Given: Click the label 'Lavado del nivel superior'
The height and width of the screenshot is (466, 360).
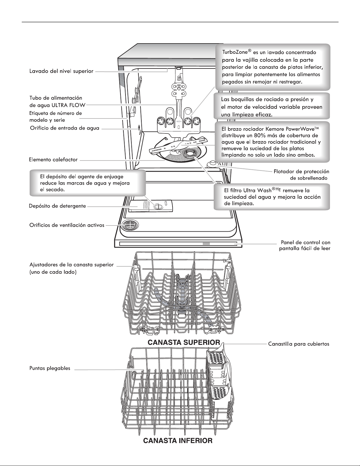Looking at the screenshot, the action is click(x=61, y=71).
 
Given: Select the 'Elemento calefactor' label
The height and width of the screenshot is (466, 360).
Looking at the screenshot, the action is click(x=53, y=160).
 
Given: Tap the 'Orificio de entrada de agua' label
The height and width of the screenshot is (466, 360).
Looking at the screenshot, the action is click(x=65, y=128).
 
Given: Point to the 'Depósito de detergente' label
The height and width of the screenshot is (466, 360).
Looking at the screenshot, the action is click(x=57, y=206).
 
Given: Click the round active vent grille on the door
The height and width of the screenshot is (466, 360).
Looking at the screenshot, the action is click(x=130, y=226).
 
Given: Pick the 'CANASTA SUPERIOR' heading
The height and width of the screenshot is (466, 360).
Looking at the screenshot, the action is click(x=184, y=342).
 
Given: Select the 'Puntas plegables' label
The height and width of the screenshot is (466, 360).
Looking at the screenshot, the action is click(x=50, y=368).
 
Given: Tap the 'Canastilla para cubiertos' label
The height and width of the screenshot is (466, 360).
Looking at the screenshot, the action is click(x=299, y=344).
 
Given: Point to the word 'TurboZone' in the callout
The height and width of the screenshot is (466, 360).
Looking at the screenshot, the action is click(x=235, y=52).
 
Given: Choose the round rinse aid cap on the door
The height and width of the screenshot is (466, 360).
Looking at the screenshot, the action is click(x=157, y=207).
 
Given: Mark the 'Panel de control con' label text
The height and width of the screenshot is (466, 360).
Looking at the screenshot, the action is click(x=306, y=242).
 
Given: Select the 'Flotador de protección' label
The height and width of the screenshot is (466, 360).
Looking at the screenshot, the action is click(x=302, y=172).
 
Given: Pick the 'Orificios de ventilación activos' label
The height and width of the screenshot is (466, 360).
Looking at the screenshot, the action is click(x=67, y=225).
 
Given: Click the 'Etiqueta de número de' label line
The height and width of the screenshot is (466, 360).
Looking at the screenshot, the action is click(x=56, y=113).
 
